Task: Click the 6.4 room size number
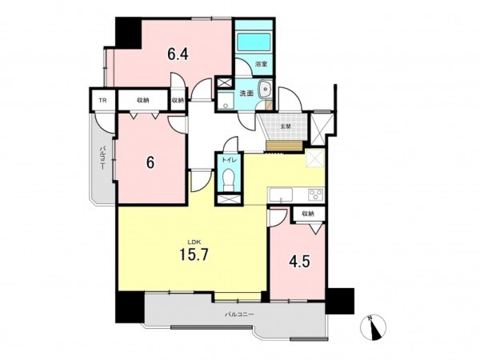click(178, 55)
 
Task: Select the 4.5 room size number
click(298, 260)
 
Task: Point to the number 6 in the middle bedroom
click(149, 162)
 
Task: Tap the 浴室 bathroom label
click(260, 63)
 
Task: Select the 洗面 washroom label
click(246, 94)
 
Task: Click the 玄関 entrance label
click(285, 125)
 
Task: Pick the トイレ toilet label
click(230, 159)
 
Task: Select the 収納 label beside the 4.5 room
click(308, 214)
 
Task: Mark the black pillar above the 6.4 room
click(126, 31)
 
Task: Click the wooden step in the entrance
click(285, 143)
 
